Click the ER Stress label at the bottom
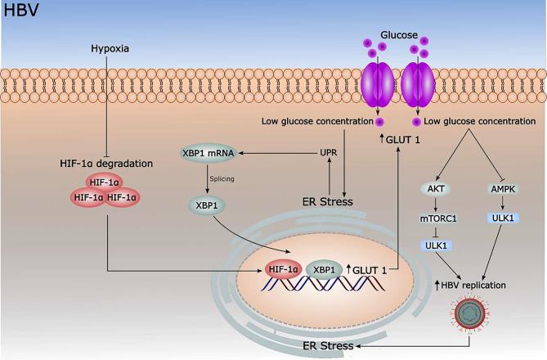pos(326,346)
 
